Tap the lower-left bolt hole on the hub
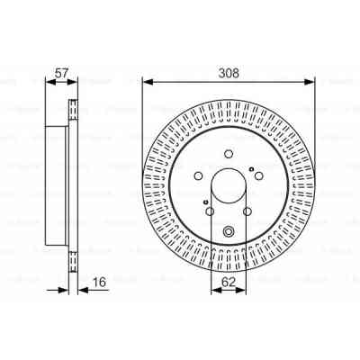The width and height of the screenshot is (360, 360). (209, 212)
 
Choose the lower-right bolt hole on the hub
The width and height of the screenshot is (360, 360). (249, 212)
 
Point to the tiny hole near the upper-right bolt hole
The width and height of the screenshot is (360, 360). (256, 162)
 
